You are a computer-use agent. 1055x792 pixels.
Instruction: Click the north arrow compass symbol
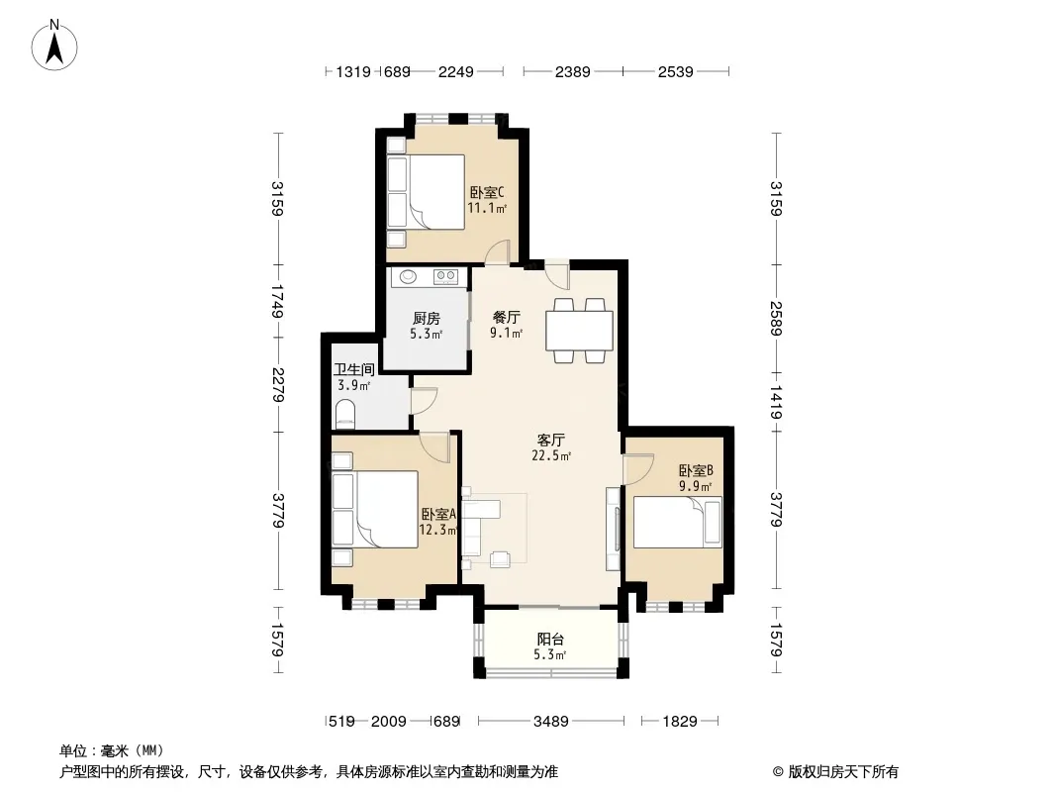(x=54, y=46)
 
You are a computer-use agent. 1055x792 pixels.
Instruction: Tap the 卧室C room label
(x=487, y=192)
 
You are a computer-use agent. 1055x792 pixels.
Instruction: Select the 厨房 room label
(x=427, y=318)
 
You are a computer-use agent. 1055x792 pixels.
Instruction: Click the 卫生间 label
(x=354, y=369)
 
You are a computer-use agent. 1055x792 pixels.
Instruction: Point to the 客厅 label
(x=550, y=441)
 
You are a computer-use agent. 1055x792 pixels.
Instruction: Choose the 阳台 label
(x=550, y=640)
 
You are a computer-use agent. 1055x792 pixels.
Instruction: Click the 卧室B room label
(x=696, y=471)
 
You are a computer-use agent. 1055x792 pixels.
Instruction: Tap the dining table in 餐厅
(x=579, y=331)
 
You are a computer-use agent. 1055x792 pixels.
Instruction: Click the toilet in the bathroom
(x=344, y=413)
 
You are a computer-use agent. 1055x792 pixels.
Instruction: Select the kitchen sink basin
(x=408, y=276)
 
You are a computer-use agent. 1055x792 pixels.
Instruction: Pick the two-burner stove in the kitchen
(x=445, y=276)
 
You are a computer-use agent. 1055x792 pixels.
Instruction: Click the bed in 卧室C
(x=426, y=192)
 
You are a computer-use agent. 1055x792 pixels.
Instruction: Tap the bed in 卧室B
(x=678, y=522)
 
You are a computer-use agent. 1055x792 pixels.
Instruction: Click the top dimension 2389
(x=573, y=71)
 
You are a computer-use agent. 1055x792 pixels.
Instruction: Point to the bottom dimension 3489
(x=551, y=722)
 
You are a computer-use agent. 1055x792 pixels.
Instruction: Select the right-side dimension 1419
(x=776, y=402)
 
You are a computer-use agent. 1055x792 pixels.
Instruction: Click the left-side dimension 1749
(x=278, y=302)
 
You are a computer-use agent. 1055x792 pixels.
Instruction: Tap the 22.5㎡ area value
(x=551, y=455)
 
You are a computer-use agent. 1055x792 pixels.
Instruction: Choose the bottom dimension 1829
(x=680, y=722)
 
